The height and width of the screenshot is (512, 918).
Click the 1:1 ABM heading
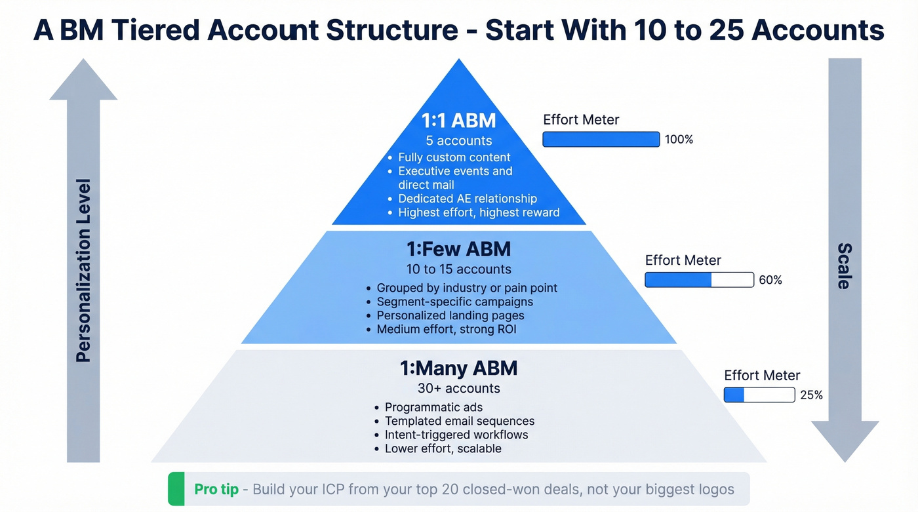point(458,121)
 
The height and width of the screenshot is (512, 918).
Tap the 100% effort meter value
point(679,140)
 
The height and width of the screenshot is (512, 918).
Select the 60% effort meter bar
point(699,280)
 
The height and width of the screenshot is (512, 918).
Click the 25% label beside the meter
point(811,395)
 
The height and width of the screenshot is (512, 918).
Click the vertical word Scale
point(845,266)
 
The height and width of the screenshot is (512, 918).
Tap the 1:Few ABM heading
point(458,249)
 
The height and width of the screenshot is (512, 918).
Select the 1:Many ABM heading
point(458,368)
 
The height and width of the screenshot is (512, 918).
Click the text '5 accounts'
point(458,141)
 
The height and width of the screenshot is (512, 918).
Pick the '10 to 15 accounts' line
point(458,269)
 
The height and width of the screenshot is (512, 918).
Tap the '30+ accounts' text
point(458,388)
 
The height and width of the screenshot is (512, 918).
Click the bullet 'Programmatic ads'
point(433,408)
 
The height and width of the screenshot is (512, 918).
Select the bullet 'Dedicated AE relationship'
point(467,199)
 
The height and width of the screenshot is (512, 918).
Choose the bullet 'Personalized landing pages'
point(450,315)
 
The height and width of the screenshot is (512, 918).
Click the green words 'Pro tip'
point(216,490)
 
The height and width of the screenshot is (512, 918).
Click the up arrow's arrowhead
point(83,79)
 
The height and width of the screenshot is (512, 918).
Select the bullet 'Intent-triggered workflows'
point(456,435)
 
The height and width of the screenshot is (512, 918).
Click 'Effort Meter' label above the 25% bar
point(762,376)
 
